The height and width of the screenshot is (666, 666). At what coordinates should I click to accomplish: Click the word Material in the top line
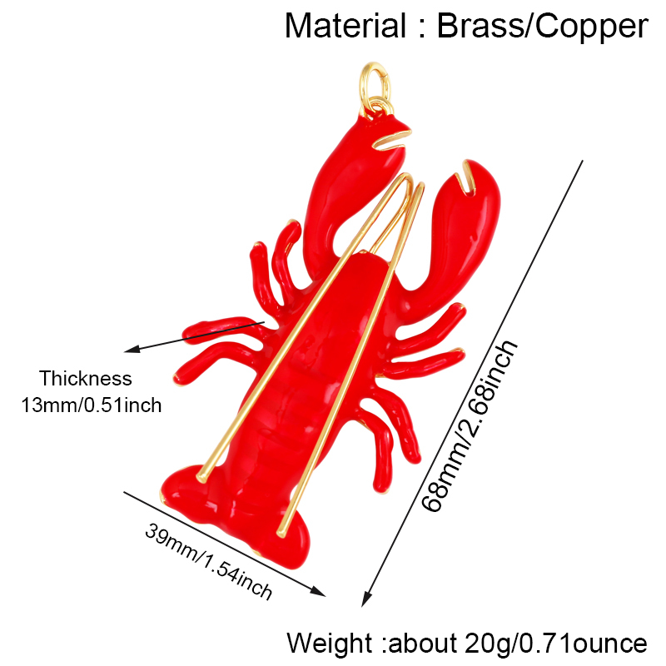(x=345, y=27)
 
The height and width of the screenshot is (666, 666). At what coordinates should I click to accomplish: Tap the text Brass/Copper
(x=543, y=27)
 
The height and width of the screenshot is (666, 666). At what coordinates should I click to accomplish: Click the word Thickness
(x=86, y=379)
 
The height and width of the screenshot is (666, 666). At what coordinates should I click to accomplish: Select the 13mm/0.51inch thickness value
(x=92, y=405)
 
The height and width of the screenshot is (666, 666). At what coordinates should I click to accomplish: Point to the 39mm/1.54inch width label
(x=208, y=560)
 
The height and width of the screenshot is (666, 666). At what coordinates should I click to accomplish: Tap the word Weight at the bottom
(x=330, y=643)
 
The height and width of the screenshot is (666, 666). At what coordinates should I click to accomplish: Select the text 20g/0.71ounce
(x=555, y=643)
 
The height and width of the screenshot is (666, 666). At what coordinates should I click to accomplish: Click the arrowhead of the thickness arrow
(x=131, y=350)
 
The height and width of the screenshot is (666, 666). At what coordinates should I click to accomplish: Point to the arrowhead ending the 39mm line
(x=319, y=592)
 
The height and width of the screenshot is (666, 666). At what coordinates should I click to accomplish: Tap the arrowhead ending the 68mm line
(x=365, y=599)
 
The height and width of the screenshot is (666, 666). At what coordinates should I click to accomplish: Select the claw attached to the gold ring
(x=352, y=191)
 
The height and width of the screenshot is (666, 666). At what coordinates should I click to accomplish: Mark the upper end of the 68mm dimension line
(x=582, y=161)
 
